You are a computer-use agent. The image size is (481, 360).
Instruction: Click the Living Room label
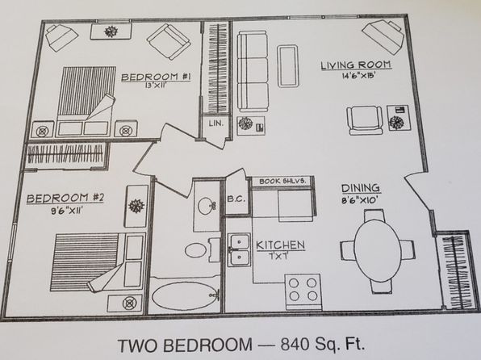click(x=356, y=65)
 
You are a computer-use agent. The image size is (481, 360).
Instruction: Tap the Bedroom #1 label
click(x=156, y=77)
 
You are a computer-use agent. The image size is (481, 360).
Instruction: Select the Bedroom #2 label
click(x=65, y=198)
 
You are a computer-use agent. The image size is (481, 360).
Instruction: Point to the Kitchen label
click(x=280, y=245)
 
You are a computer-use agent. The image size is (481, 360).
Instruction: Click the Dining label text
click(x=361, y=188)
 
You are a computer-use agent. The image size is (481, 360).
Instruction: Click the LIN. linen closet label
click(x=216, y=123)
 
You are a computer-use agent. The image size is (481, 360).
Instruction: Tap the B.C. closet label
click(x=236, y=199)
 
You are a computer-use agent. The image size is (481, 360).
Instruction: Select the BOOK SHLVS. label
click(x=282, y=181)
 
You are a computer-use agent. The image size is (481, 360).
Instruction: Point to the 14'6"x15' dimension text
click(x=359, y=76)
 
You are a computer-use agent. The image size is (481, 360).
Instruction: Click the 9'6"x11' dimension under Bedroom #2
click(x=67, y=211)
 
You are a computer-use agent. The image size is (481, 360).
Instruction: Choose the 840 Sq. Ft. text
click(x=323, y=345)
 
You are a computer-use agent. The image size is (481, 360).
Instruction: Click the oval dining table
click(x=378, y=251)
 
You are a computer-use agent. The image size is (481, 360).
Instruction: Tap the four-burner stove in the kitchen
click(x=303, y=292)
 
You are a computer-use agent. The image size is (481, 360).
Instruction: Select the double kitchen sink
click(x=239, y=249)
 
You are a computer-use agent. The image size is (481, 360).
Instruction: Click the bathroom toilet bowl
click(x=195, y=250)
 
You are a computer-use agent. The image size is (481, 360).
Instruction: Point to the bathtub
click(x=185, y=296)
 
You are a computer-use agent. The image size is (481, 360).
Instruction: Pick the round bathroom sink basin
click(x=205, y=206)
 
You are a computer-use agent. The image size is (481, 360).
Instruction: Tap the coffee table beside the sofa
click(x=288, y=66)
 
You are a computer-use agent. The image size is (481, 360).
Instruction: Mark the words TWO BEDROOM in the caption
click(x=185, y=345)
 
